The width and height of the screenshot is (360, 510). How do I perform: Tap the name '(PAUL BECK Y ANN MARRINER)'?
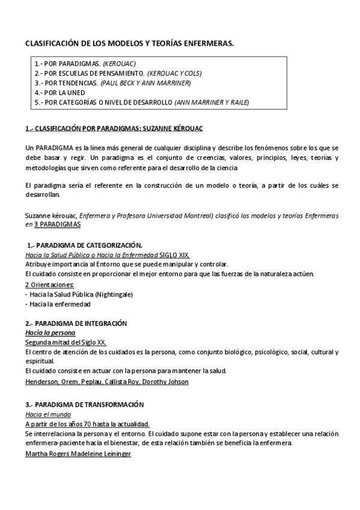139,82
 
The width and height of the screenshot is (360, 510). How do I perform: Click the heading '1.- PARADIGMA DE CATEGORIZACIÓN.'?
85,245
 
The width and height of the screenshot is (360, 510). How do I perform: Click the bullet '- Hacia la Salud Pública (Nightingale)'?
79,294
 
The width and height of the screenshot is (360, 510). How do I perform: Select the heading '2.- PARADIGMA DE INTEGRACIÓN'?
76,323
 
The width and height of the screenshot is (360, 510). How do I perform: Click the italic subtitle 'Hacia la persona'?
50,332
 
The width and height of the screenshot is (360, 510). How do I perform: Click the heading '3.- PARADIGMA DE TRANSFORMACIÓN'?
84,405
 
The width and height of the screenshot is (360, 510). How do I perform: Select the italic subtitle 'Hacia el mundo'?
48,414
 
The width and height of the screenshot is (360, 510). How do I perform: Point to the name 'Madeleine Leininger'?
104,453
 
